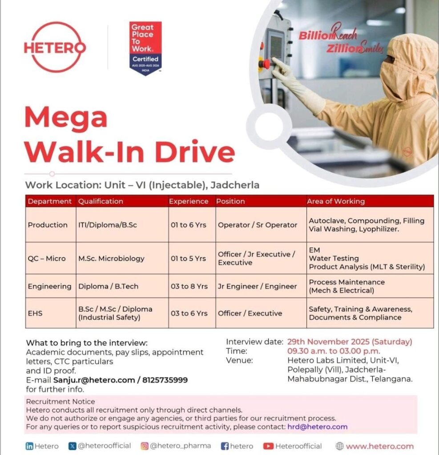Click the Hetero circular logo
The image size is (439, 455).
coord(55,48)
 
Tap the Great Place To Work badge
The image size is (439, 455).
coord(145,48)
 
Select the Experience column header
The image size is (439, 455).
coord(189,201)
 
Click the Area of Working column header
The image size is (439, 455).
coord(336,201)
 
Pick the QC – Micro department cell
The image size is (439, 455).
coord(47,258)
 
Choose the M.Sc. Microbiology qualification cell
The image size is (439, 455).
coord(111,258)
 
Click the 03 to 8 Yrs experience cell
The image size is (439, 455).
coord(189,286)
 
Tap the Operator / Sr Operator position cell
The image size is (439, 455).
coord(258,225)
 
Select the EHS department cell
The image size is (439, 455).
coord(35,313)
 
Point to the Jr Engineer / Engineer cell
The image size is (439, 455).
coord(257,286)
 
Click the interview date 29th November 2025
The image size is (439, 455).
coord(350,342)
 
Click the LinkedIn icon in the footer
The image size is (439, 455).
coord(29,446)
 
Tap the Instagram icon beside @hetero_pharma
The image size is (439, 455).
coord(144,446)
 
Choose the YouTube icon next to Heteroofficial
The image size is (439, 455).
coord(268,446)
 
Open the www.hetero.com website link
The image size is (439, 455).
coord(379,446)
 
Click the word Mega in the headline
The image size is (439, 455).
coord(66,118)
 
